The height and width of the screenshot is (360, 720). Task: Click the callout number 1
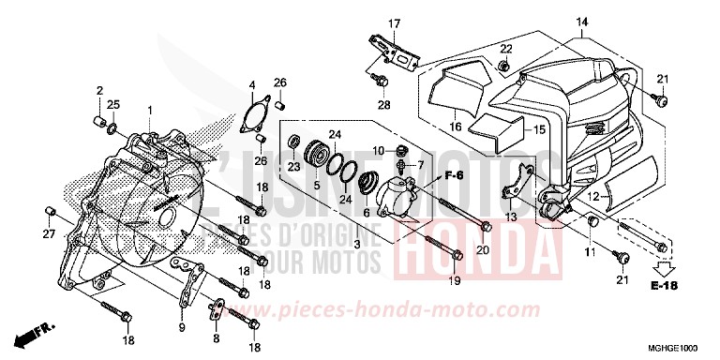point(149,111)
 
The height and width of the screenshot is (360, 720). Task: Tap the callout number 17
point(395,23)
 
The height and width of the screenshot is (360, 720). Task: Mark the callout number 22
point(504,48)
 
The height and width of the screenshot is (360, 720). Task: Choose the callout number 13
point(510,217)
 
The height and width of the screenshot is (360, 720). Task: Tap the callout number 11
point(589,253)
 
